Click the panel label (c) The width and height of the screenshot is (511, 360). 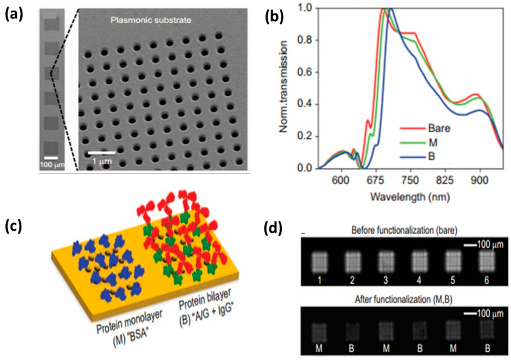click(x=14, y=229)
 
